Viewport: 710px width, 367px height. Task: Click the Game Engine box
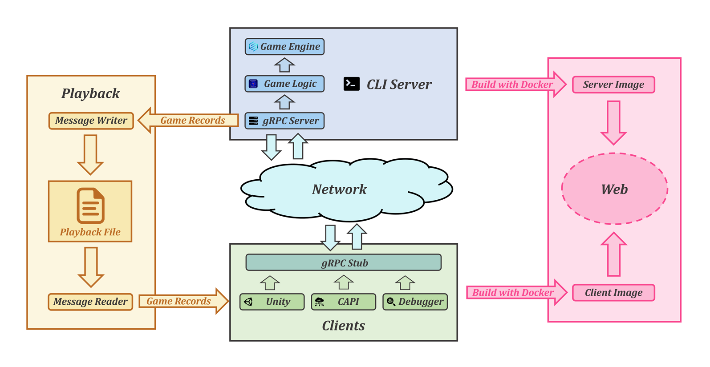[x=284, y=47]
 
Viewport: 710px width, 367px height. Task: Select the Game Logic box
[x=284, y=84]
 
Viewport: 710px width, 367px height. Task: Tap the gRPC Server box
[x=284, y=121]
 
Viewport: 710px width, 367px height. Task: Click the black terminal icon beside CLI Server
[x=352, y=84]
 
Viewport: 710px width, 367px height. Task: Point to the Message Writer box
[x=91, y=121]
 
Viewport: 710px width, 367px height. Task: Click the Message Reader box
[x=90, y=302]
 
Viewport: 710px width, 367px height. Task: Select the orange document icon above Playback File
[x=91, y=206]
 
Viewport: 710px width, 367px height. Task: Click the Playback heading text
[x=91, y=93]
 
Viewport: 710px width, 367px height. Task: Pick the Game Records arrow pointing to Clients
[x=183, y=301]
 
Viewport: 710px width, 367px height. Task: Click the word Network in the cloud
[x=339, y=190]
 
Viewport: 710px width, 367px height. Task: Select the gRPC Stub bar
[x=344, y=262]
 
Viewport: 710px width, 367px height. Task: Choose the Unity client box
[x=272, y=302]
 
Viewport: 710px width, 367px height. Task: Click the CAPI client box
[x=344, y=302]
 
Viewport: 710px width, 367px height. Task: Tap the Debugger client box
[x=415, y=302]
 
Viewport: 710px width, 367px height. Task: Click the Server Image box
[x=614, y=85]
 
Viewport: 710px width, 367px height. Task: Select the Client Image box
[x=614, y=293]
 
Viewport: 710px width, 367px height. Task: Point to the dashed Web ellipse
[x=615, y=189]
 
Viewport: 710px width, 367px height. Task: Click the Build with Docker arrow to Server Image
[x=516, y=84]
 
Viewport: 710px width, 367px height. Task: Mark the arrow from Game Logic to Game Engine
[x=284, y=65]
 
